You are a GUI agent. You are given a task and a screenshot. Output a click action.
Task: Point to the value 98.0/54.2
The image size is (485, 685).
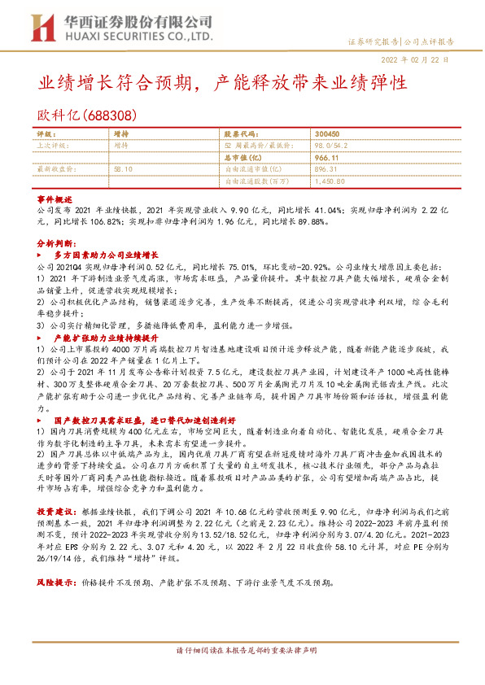[330, 145]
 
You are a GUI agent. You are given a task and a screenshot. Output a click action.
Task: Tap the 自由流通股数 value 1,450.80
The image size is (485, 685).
[330, 181]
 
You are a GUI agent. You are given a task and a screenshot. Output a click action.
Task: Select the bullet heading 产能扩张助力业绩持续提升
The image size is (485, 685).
[106, 336]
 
